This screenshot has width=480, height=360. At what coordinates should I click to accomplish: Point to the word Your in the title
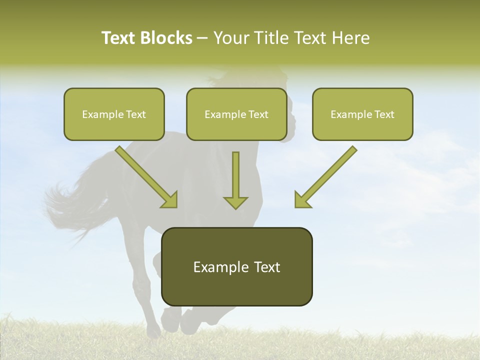[x=231, y=38]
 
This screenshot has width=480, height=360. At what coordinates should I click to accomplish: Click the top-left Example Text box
[x=114, y=114]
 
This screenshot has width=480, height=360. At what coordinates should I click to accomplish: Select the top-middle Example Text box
[x=236, y=114]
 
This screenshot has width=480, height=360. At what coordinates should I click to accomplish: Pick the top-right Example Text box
[x=362, y=114]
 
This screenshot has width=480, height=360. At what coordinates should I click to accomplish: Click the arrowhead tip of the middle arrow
[x=235, y=207]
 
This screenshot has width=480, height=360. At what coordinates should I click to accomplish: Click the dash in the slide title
[x=203, y=38]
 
